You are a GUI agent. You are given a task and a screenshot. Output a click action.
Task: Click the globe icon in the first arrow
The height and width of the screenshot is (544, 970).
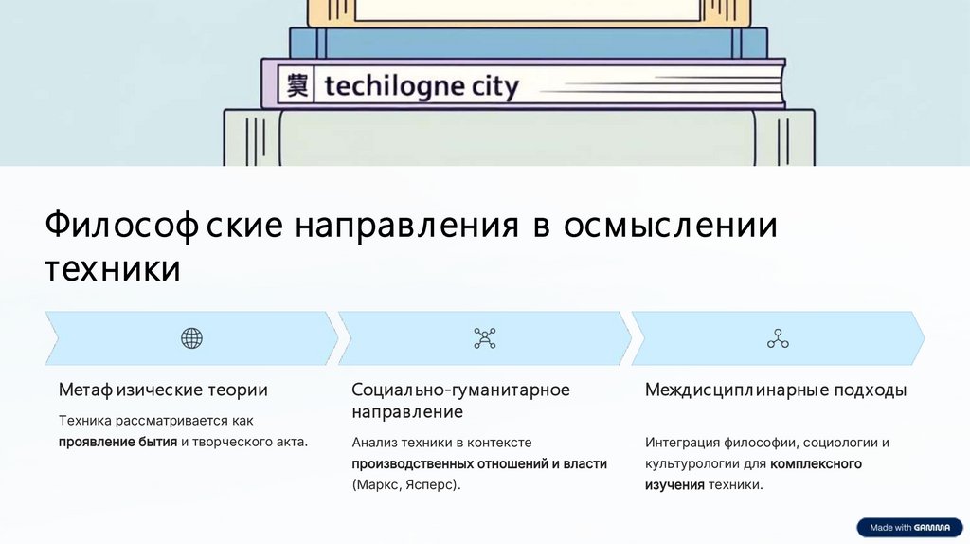click(191, 338)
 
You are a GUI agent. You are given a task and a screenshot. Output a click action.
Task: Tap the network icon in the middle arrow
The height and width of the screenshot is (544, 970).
click(484, 338)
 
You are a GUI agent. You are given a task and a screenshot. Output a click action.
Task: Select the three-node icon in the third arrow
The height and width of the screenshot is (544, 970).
click(778, 338)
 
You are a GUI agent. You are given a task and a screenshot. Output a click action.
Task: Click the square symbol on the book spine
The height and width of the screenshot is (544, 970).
click(296, 86)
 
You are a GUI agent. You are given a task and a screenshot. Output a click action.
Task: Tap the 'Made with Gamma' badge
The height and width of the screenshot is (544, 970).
click(908, 527)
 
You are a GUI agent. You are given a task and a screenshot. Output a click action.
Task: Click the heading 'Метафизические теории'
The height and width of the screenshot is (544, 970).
click(163, 390)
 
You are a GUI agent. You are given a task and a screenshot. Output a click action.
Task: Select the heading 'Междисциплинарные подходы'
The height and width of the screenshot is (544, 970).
click(776, 390)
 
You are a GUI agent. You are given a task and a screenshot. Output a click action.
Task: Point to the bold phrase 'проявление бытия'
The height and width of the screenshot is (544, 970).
click(117, 442)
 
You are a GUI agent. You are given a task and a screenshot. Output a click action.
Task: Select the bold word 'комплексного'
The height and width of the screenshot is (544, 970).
click(816, 463)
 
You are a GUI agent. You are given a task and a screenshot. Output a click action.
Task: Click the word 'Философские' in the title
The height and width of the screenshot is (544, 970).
click(163, 227)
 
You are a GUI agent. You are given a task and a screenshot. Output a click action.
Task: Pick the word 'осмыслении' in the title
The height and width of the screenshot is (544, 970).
click(670, 227)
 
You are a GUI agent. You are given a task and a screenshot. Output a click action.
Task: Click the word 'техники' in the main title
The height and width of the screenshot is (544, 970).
click(112, 269)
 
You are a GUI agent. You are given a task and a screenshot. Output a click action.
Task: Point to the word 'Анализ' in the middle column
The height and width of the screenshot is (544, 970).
click(373, 442)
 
